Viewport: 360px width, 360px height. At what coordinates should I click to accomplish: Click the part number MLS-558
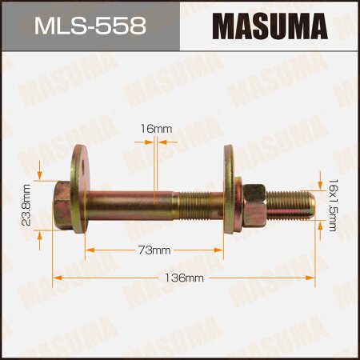pos(90,26)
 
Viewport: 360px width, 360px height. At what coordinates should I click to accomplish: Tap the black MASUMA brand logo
pos(270,26)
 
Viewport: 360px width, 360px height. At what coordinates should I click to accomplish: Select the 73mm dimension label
pos(155,250)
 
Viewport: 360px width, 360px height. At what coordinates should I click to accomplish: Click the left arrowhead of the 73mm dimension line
pos(88,250)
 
